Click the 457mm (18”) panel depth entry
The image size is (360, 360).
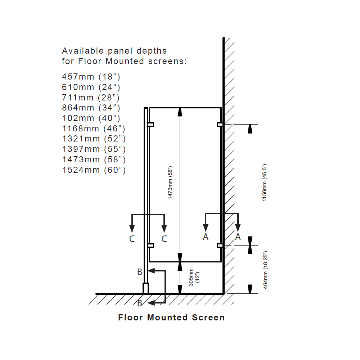[x=91, y=77]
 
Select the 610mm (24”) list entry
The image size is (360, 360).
[x=91, y=87]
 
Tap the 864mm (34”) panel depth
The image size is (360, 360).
[x=91, y=108]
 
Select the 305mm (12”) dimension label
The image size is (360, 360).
[x=194, y=277]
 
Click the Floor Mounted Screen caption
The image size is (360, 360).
[x=171, y=318]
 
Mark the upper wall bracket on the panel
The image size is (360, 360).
[x=220, y=125]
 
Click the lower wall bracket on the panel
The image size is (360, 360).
[x=220, y=246]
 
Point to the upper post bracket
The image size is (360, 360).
[x=151, y=125]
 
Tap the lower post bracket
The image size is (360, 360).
[x=151, y=246]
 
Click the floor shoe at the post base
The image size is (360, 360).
[x=145, y=288]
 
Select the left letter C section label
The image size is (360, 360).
[x=132, y=239]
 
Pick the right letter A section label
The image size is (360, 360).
[x=238, y=237]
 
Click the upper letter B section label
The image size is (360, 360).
[x=140, y=272]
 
